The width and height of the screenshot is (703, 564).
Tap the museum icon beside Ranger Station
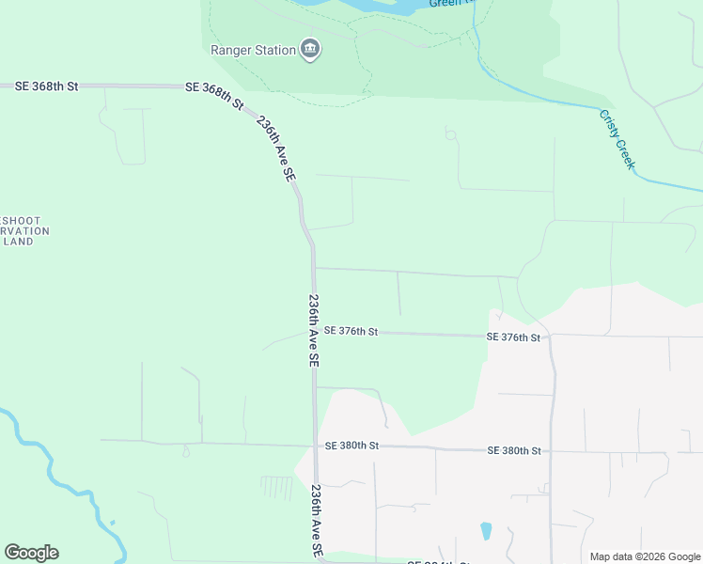(x=310, y=49)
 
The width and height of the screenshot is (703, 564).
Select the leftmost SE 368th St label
(x=46, y=86)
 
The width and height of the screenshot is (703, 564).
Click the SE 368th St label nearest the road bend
(x=214, y=94)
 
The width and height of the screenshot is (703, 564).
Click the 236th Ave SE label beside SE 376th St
(x=314, y=331)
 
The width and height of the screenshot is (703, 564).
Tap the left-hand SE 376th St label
(x=351, y=332)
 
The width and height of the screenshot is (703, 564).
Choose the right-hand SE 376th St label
(x=513, y=337)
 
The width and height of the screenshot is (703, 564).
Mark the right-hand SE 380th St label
(x=514, y=451)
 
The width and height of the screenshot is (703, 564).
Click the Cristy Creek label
(x=617, y=140)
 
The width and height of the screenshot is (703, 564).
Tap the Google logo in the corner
(x=31, y=553)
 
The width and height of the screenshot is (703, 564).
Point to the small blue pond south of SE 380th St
(x=486, y=531)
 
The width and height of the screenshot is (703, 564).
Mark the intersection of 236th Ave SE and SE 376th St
(x=314, y=332)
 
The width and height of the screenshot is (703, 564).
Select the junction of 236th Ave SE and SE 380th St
(x=315, y=445)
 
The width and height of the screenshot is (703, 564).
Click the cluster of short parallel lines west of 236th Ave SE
(x=277, y=488)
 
